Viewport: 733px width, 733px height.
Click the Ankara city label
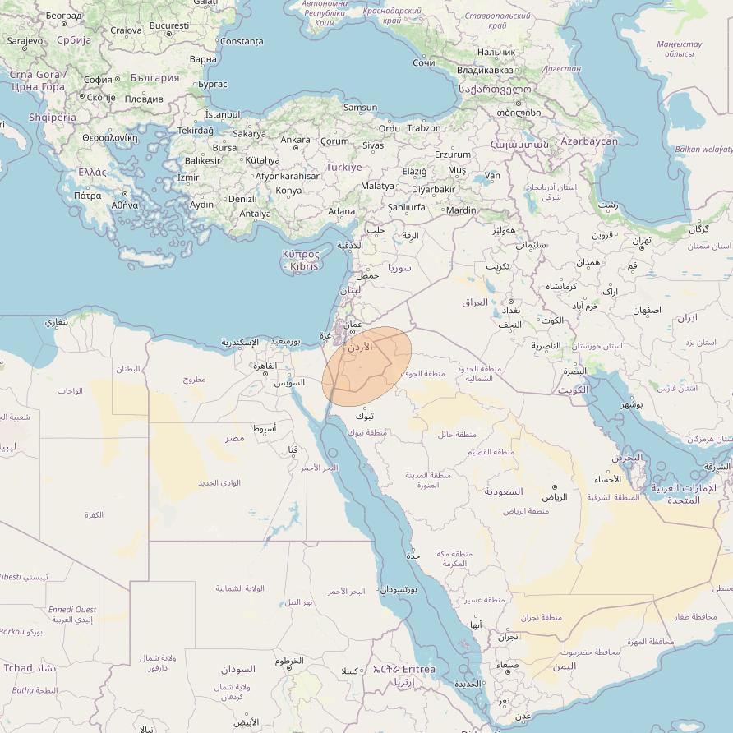(295, 140)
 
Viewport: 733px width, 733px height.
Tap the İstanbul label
(222, 114)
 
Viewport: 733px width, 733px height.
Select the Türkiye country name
(343, 167)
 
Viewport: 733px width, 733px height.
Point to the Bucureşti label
(170, 25)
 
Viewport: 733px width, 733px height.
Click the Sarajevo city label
(25, 40)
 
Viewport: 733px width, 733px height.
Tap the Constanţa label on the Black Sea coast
(242, 41)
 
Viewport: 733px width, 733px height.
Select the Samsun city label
(360, 108)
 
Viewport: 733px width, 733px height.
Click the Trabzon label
(424, 127)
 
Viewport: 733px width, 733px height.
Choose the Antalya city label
(255, 214)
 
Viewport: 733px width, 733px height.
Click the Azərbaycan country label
(588, 141)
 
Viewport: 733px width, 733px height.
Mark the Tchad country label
(17, 667)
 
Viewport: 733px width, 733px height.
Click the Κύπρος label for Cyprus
(300, 255)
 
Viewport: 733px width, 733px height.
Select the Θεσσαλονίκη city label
(109, 138)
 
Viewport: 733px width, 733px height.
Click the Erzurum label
(453, 154)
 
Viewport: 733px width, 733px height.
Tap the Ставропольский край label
(498, 21)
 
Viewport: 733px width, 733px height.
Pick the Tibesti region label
(11, 577)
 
